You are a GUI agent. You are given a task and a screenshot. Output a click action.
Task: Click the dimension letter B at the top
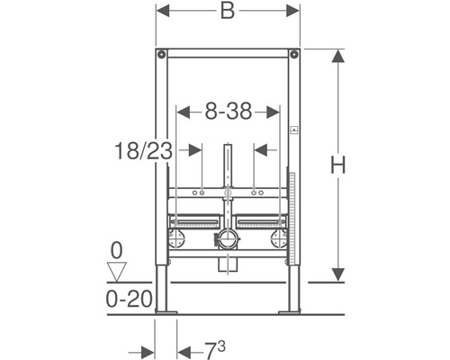pyautogui.click(x=228, y=13)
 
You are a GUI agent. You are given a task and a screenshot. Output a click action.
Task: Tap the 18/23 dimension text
pyautogui.click(x=141, y=150)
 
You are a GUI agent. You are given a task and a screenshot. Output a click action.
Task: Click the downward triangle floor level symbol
pyautogui.click(x=114, y=267)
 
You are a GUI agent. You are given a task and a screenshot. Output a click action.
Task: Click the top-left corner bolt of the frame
pyautogui.click(x=162, y=56)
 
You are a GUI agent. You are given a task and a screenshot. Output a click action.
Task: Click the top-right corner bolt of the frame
pyautogui.click(x=293, y=56)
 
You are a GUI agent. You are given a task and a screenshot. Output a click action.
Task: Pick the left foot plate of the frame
pyautogui.click(x=166, y=311)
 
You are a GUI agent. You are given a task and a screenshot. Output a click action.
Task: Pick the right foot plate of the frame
pyautogui.click(x=290, y=311)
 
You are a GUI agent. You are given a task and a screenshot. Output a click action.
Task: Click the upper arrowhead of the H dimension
pyautogui.click(x=337, y=54)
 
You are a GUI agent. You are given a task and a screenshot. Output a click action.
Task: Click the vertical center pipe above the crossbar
pyautogui.click(x=228, y=166)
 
